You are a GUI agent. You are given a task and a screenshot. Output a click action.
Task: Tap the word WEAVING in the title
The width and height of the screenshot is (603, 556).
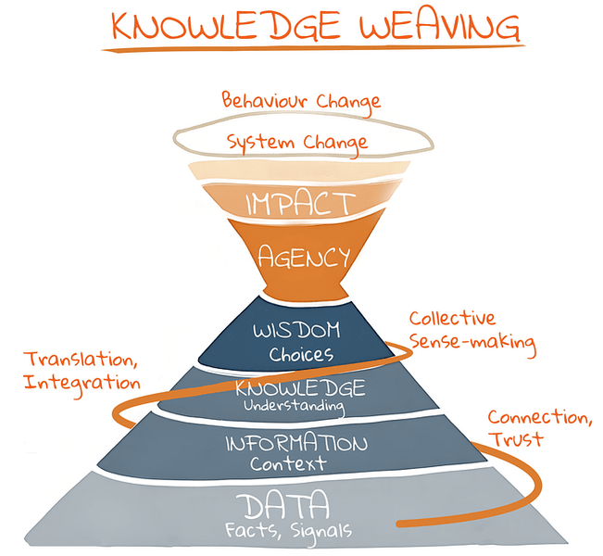point(439,29)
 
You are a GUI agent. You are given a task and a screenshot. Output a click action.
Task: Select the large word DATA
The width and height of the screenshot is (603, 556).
point(283,505)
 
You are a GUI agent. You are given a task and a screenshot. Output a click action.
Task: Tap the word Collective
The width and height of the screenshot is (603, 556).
point(452,320)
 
